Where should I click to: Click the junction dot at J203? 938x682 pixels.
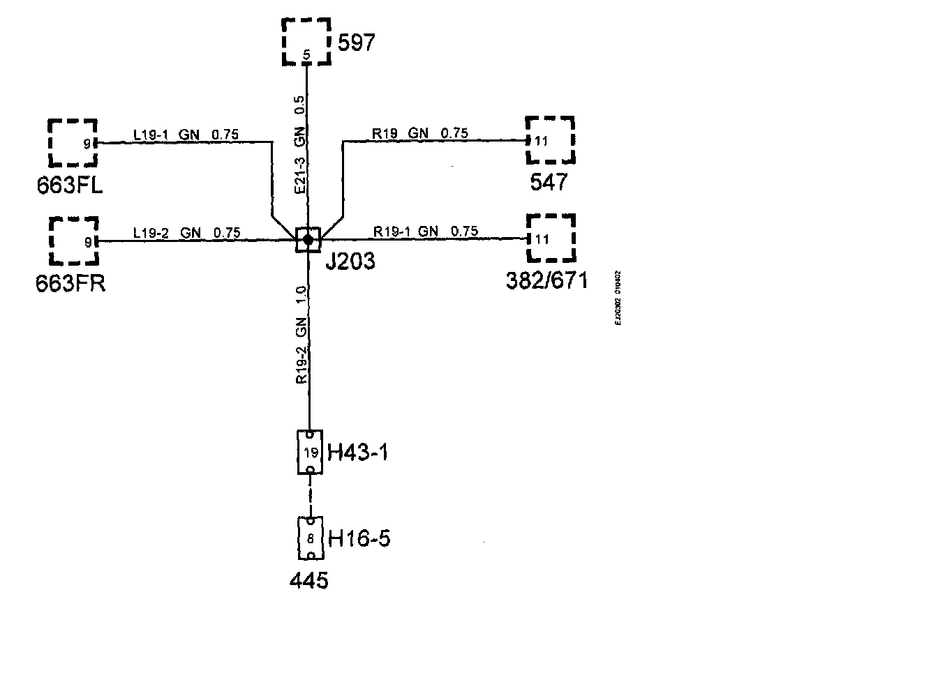[x=307, y=240]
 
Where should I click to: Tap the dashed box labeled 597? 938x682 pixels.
[x=306, y=43]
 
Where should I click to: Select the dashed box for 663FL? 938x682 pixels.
[x=73, y=143]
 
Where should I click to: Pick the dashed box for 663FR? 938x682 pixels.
[x=73, y=241]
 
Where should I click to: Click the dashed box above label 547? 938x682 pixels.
[x=550, y=140]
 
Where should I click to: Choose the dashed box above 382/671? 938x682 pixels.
[x=551, y=239]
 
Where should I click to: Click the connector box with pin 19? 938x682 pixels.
[x=310, y=451]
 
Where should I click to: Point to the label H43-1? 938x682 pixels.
[x=357, y=453]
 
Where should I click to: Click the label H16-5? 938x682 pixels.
[x=359, y=539]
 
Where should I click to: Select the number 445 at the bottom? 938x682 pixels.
[x=308, y=579]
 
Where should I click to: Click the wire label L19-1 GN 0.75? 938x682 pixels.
[x=186, y=134]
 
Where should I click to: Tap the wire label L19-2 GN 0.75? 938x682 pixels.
[x=186, y=232]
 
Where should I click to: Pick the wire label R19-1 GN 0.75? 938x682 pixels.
[x=426, y=231]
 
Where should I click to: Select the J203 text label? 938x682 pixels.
[x=350, y=262]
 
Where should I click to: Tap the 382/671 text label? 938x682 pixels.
[x=546, y=280]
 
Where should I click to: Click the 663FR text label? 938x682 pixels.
[x=70, y=284]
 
